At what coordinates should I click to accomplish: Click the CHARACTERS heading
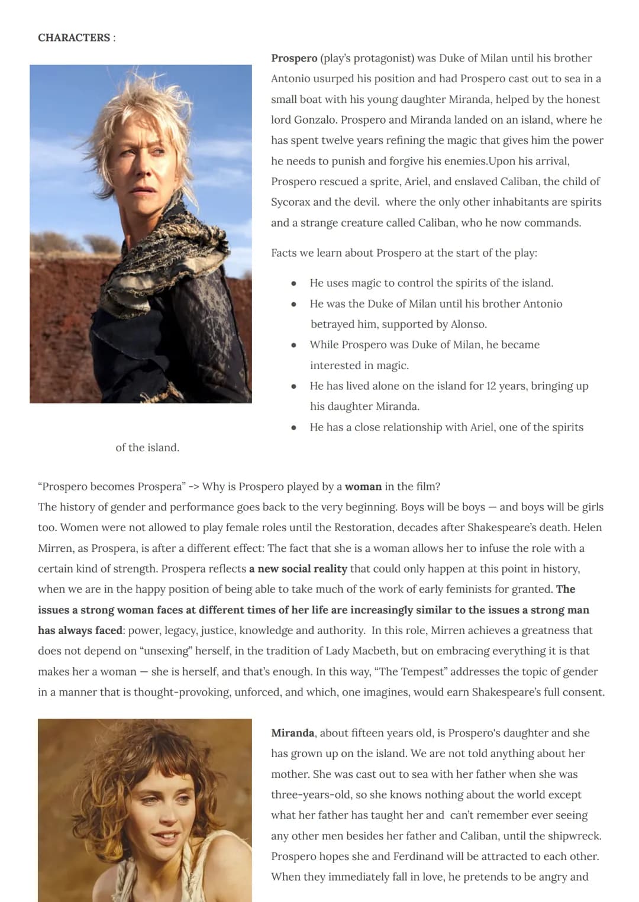coord(73,38)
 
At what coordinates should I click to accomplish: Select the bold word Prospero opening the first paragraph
coord(294,58)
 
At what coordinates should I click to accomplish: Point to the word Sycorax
coord(291,202)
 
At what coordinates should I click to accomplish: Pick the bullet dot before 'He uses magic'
coord(293,283)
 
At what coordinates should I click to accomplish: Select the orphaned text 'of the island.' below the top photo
coord(147,448)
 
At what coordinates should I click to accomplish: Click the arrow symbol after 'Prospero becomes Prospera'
coord(193,487)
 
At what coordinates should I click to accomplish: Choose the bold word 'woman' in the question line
coord(363,487)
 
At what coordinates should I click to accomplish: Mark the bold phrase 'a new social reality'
coord(298,569)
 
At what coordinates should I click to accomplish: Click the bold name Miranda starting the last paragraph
coord(292,733)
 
